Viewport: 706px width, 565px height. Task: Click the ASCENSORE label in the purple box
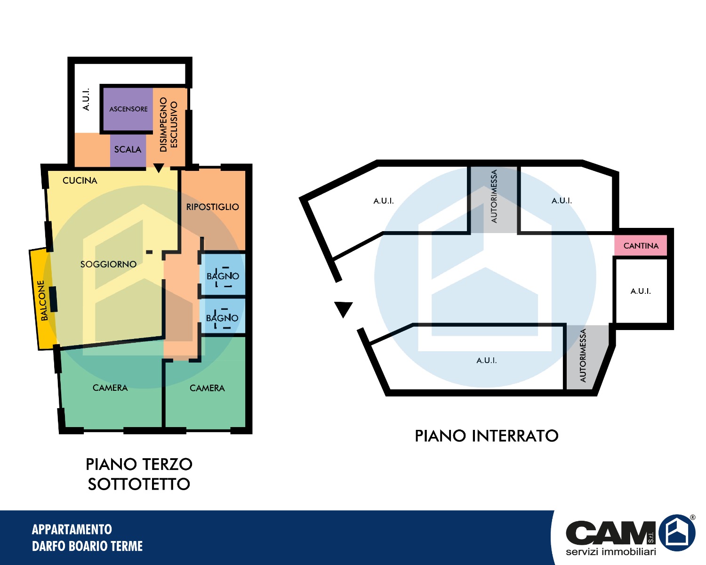pos(128,109)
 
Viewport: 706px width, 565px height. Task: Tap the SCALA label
pos(128,149)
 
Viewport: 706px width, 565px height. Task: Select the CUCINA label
pos(80,180)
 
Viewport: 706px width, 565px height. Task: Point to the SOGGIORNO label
pos(108,264)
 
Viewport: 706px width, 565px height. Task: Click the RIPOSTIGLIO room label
pos(213,207)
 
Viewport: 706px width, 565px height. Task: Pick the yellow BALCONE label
pos(43,300)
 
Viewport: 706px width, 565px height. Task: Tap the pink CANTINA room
pos(641,245)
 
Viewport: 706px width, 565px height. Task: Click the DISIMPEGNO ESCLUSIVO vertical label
pos(168,124)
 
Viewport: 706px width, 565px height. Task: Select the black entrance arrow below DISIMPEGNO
pos(159,168)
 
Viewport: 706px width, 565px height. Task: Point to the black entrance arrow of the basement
pos(343,309)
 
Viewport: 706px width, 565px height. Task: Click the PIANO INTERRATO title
pos(487,436)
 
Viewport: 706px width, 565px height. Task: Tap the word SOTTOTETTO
pos(139,484)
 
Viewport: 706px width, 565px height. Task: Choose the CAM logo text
pos(610,532)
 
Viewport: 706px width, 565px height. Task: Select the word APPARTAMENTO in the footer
pos(72,529)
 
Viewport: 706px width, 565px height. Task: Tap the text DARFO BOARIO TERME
pos(87,546)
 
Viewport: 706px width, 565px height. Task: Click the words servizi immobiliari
pos(611,551)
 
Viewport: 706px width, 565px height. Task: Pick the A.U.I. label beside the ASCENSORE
pos(86,99)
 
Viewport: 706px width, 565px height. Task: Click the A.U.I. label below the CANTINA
pos(641,291)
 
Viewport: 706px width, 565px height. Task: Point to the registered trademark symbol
pos(692,517)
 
